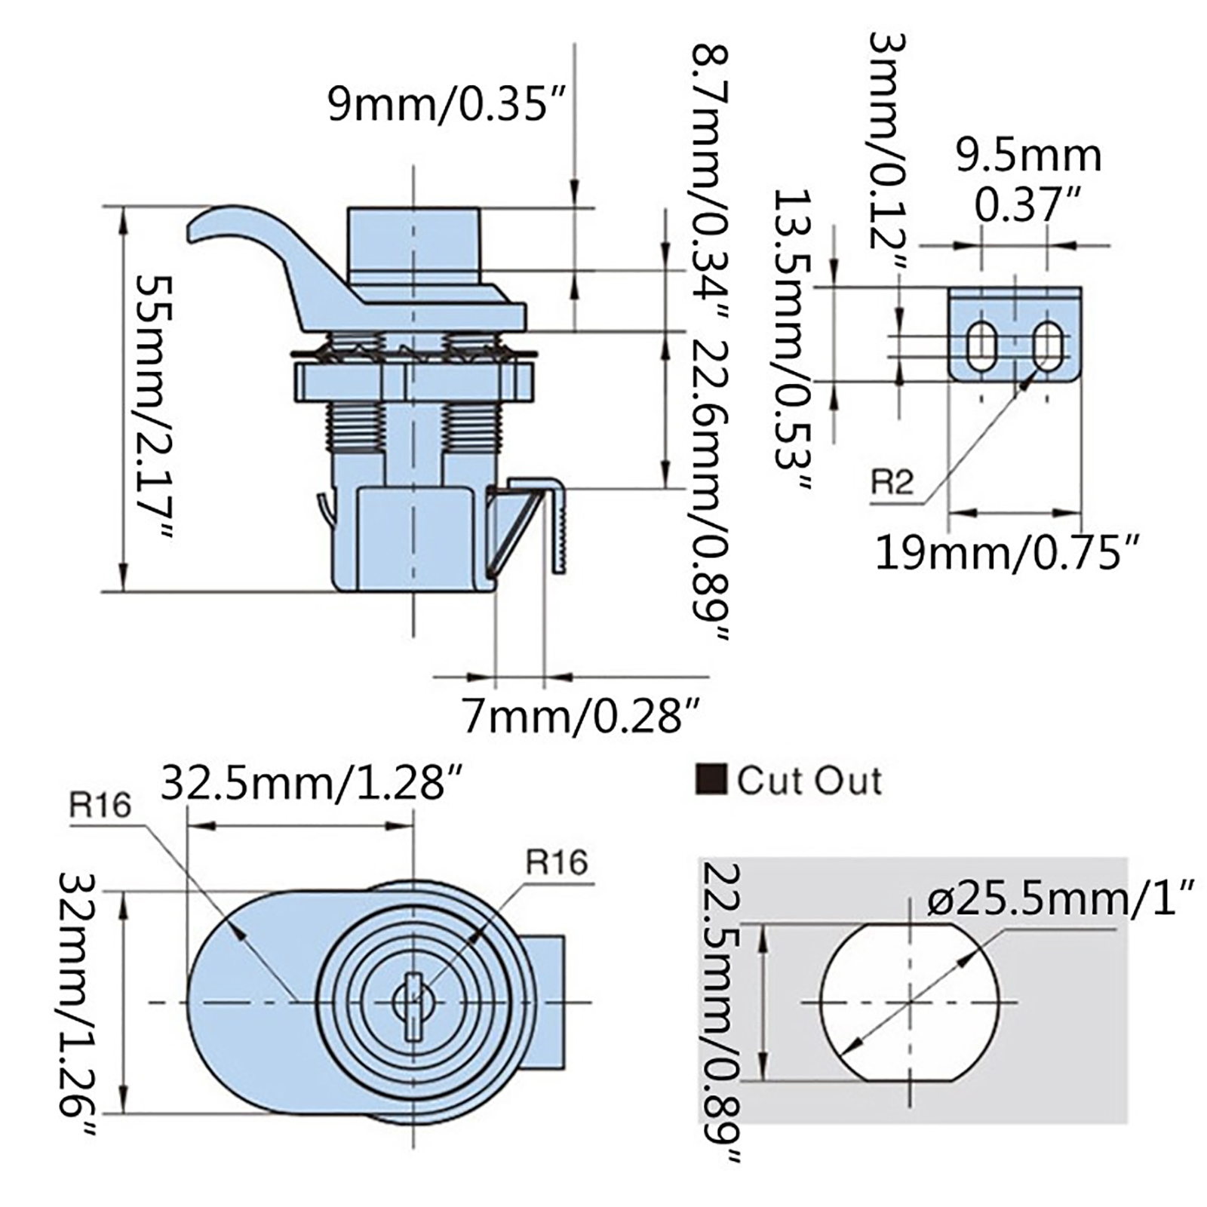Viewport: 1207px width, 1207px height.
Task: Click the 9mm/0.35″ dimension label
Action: click(447, 104)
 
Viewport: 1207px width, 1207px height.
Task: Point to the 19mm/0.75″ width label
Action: click(1006, 553)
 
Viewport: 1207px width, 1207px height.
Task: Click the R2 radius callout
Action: click(892, 481)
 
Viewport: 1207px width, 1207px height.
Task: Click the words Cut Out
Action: click(809, 781)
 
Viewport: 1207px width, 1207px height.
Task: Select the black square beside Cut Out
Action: click(711, 780)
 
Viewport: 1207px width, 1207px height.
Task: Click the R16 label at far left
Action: click(100, 806)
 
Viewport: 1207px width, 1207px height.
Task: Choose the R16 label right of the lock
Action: click(556, 861)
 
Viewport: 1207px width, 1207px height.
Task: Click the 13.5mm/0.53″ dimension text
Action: click(792, 339)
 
